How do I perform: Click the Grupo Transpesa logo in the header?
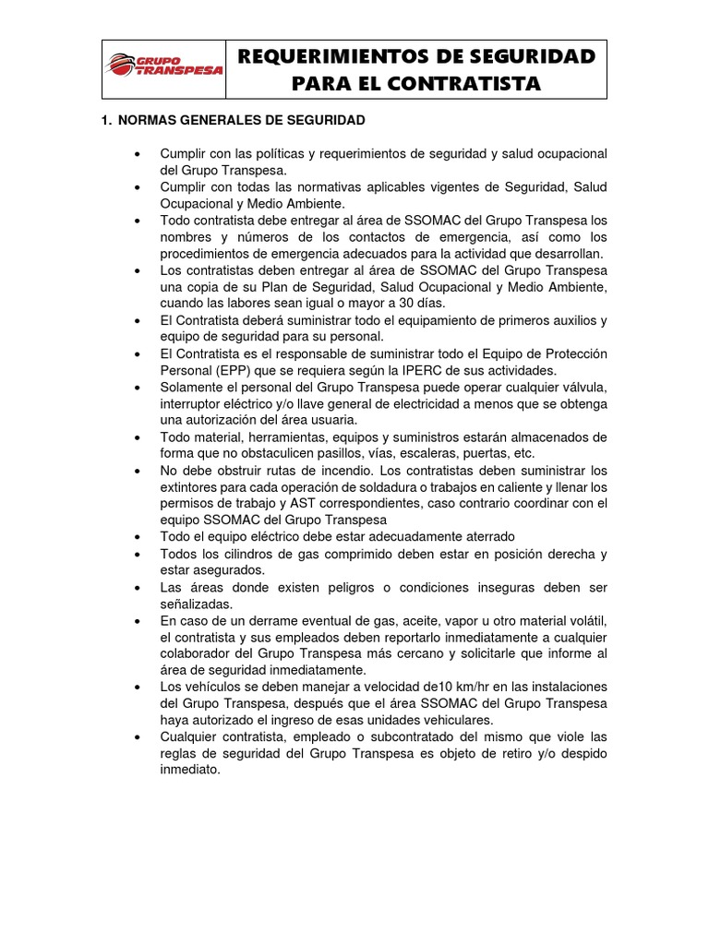click(x=164, y=67)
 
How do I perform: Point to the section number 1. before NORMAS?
click(x=106, y=121)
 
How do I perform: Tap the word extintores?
click(x=190, y=486)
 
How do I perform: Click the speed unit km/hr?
click(x=458, y=686)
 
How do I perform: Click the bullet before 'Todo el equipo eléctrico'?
click(x=138, y=536)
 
